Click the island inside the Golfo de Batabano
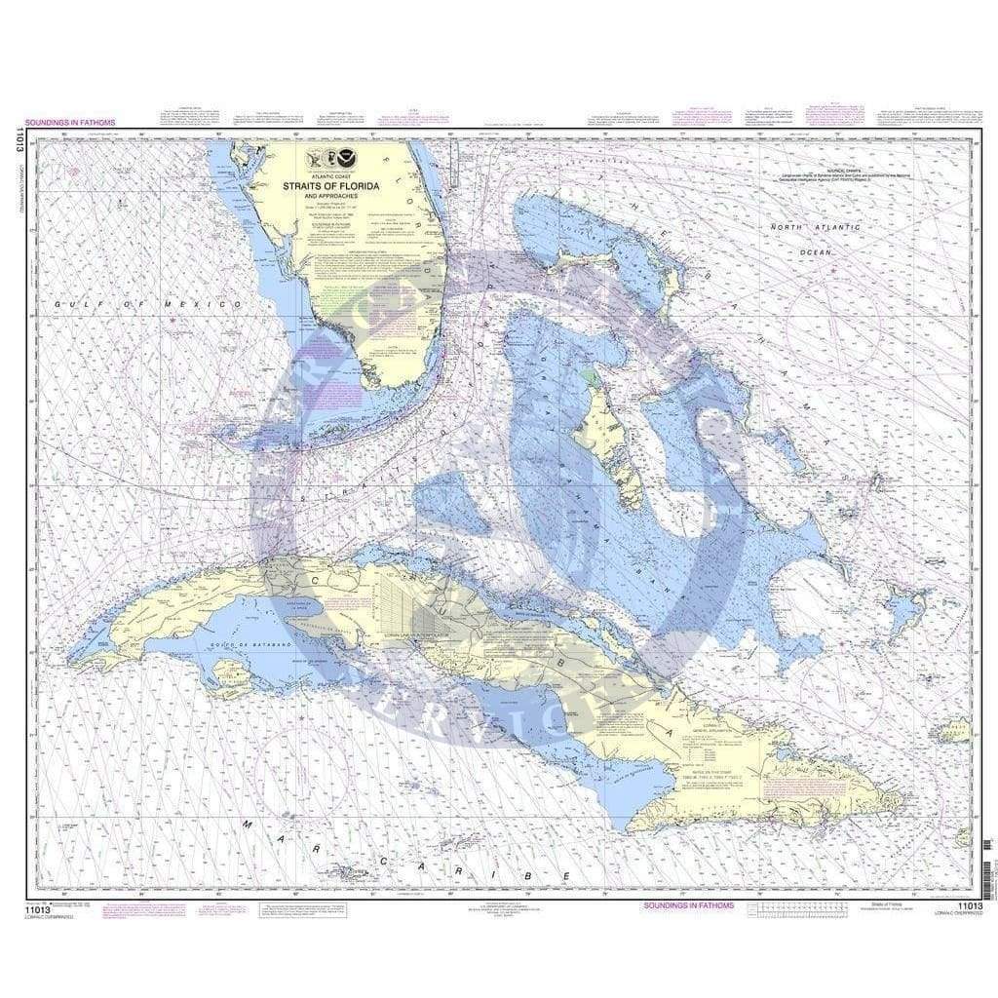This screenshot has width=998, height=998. tap(233, 674)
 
